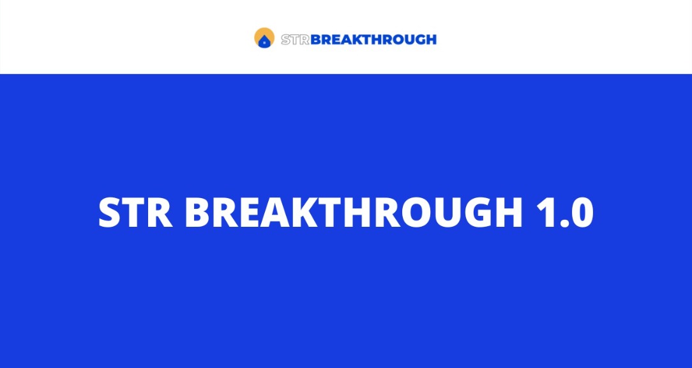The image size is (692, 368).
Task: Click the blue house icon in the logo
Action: [264, 42]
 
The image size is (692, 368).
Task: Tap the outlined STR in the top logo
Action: [295, 40]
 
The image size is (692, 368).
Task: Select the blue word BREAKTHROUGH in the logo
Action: [373, 40]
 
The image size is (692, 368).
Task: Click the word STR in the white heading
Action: [135, 213]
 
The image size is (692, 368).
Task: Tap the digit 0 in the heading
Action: [580, 213]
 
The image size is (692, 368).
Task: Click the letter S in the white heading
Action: [111, 213]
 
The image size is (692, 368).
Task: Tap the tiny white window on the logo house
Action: [264, 43]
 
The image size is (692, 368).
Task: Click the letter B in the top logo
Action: [315, 40]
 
